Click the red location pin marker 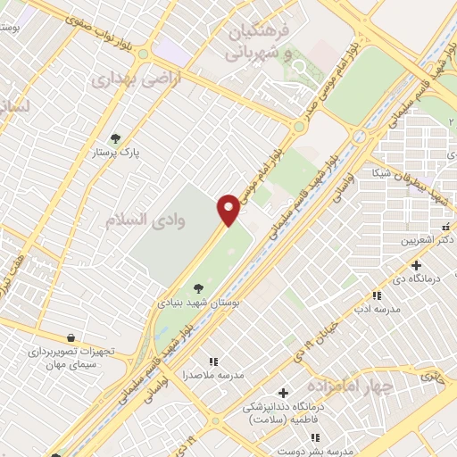coord(228,209)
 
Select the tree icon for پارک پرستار coord(114,138)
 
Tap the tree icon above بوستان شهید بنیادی coord(198,287)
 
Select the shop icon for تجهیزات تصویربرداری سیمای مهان coord(70,337)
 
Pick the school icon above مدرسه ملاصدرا coord(212,361)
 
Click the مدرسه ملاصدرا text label coord(212,375)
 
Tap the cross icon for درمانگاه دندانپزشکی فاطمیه coord(284,393)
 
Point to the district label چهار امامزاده coord(350,386)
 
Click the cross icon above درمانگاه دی coord(416,264)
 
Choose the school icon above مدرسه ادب coord(378,295)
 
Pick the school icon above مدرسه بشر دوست coord(315,437)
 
